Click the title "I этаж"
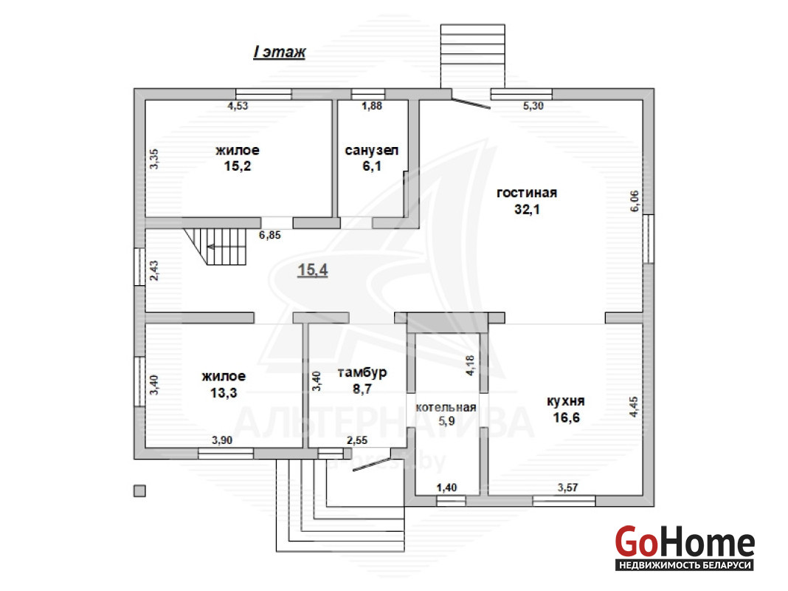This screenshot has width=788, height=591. (280, 52)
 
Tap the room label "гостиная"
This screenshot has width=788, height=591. (527, 193)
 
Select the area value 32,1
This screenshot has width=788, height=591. (527, 209)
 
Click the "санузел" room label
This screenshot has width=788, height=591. (372, 150)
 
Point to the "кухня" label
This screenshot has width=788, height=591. (566, 401)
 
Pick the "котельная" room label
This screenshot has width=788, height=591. (446, 407)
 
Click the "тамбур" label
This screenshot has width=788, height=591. (362, 373)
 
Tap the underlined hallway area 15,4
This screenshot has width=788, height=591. (313, 270)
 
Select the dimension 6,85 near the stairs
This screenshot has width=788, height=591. (270, 235)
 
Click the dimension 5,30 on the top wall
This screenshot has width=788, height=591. (533, 106)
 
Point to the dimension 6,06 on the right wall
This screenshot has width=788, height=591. (635, 201)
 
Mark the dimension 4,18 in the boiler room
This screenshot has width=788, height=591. (470, 365)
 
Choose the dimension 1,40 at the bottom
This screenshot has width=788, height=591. (447, 488)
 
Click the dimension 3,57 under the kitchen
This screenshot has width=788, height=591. (568, 488)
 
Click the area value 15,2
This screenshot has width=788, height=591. (237, 166)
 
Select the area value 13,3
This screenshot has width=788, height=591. (224, 392)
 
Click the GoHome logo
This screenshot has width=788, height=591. (685, 547)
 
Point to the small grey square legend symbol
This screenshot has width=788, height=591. (139, 491)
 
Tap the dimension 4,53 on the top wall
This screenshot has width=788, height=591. (238, 106)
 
